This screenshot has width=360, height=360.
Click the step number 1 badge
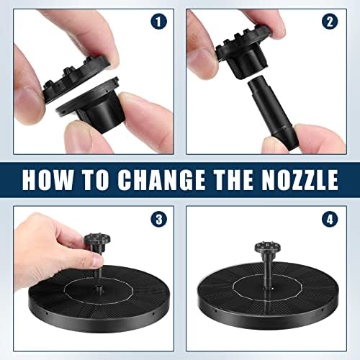point(159,22)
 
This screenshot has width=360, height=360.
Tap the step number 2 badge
point(330,22)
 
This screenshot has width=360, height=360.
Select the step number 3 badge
point(159,219)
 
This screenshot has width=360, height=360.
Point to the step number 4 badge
point(330,219)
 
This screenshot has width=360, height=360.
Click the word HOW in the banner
point(48,180)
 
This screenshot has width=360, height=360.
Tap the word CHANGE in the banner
point(161,180)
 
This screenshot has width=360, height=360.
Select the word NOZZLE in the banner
point(300,180)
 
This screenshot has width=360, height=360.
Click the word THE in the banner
point(233,180)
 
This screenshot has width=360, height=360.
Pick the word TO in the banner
point(96,180)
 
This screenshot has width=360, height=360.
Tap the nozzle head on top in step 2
point(243,51)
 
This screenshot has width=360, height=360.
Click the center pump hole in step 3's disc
point(99,289)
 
